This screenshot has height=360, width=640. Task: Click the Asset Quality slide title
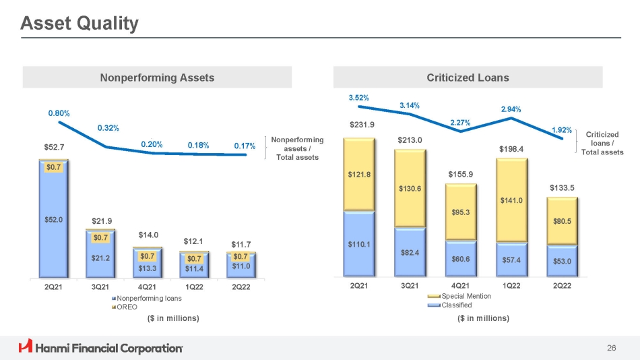coord(79,24)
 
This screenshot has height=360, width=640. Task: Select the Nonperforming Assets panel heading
coord(157,78)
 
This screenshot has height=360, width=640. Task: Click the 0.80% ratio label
coord(59,113)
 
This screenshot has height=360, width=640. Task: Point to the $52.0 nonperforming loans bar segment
coord(53,220)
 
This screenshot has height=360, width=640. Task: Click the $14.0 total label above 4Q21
coord(148,235)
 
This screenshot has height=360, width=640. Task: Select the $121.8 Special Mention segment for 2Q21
coord(359,174)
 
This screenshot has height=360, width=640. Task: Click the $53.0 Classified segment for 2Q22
coord(562,260)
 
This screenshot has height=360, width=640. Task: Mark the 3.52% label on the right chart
coord(358,98)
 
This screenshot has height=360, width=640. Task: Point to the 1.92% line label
coord(562,129)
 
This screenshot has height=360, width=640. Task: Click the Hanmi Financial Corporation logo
coord(101,348)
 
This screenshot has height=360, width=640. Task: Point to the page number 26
coord(611,348)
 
